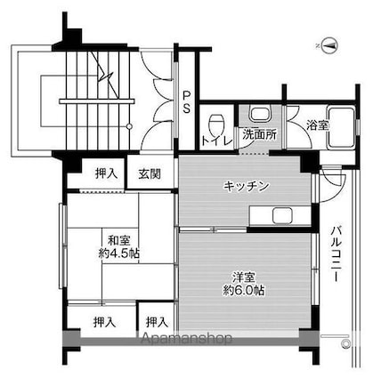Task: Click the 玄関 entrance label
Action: click(150, 173)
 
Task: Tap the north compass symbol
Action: click(328, 42)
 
